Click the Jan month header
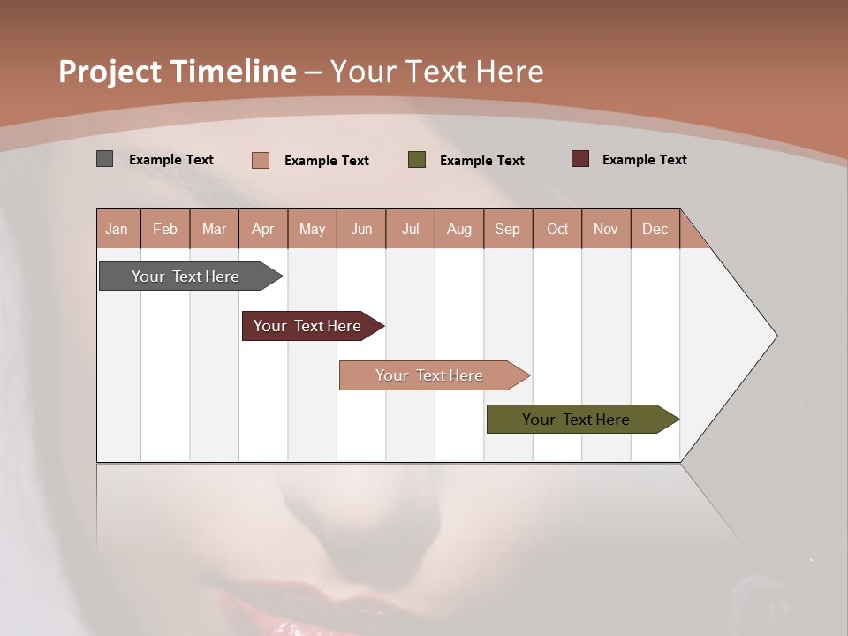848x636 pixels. click(x=117, y=229)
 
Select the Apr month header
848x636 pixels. click(x=263, y=229)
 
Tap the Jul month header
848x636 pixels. click(x=411, y=229)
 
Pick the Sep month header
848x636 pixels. click(x=508, y=229)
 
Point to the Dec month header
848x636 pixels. click(x=655, y=229)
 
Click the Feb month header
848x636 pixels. click(x=165, y=229)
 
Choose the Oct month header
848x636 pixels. click(x=557, y=229)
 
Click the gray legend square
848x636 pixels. click(x=105, y=159)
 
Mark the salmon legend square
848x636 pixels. click(x=261, y=160)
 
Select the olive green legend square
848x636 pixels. click(x=417, y=159)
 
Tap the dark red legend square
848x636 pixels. click(x=580, y=159)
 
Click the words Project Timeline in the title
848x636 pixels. click(x=177, y=72)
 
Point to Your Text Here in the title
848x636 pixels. click(x=436, y=72)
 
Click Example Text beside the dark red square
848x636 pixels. click(x=644, y=160)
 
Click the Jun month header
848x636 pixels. click(x=361, y=229)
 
